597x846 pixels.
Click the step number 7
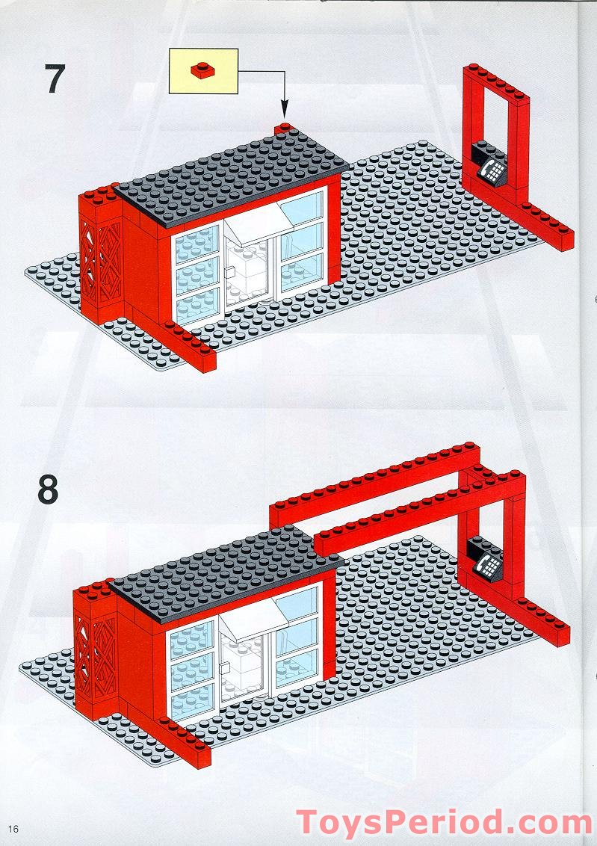(x=55, y=80)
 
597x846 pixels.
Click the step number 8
(x=47, y=490)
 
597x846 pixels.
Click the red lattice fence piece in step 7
(x=99, y=262)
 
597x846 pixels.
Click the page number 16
(x=13, y=829)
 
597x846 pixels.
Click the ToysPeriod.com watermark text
(x=444, y=823)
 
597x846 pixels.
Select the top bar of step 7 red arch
(x=495, y=81)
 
